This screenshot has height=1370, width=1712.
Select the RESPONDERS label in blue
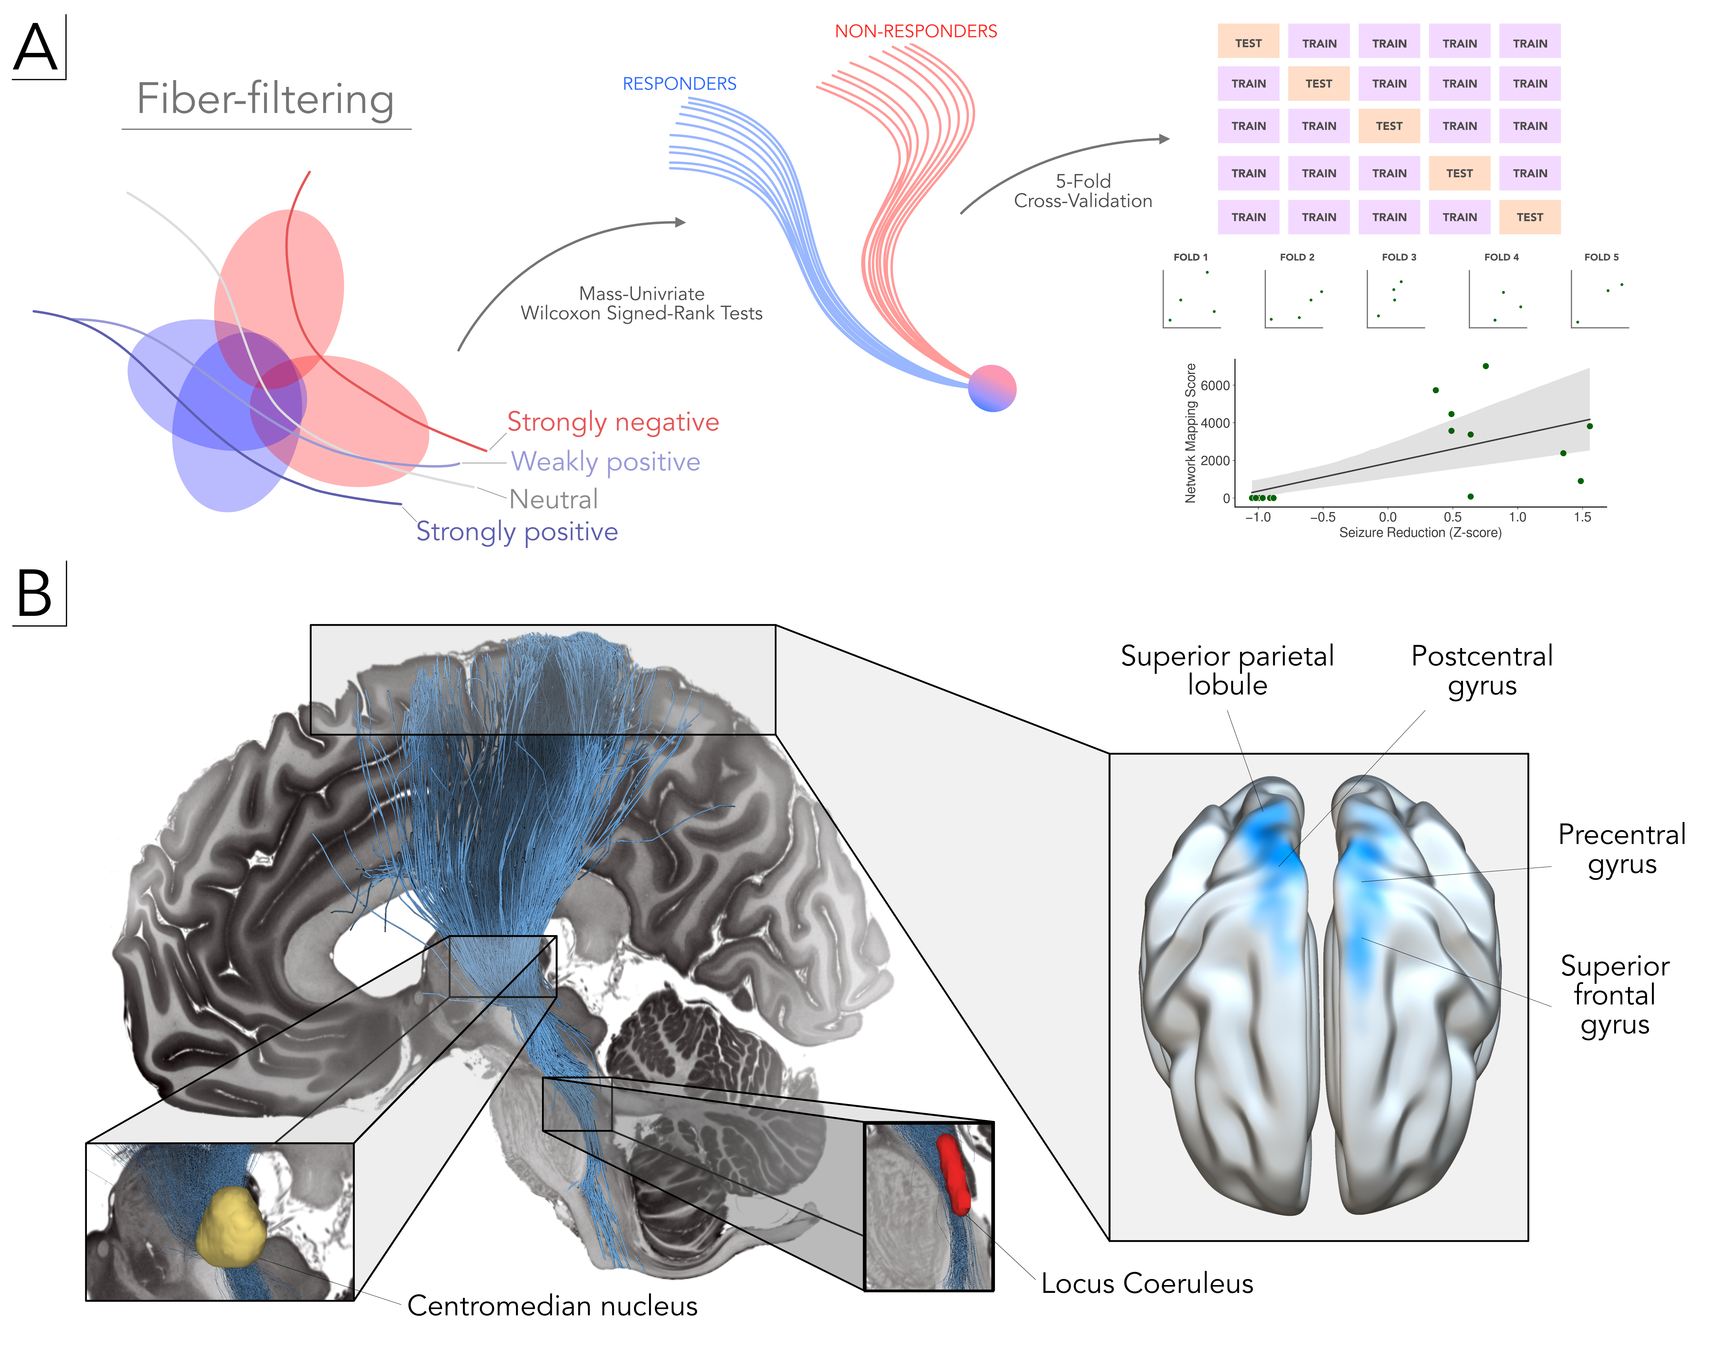[679, 84]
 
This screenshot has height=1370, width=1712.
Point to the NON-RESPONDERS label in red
[915, 31]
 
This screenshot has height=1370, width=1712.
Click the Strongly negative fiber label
[612, 422]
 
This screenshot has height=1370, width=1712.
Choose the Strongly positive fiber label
[517, 531]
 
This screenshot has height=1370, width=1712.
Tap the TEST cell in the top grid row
[1248, 43]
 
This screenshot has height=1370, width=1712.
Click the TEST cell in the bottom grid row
[1529, 217]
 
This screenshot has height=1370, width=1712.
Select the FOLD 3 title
[1398, 257]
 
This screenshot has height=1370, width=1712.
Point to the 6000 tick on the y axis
[1215, 385]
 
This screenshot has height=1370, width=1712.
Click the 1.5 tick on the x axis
[1582, 517]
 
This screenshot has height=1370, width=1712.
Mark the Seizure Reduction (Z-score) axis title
[1420, 533]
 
